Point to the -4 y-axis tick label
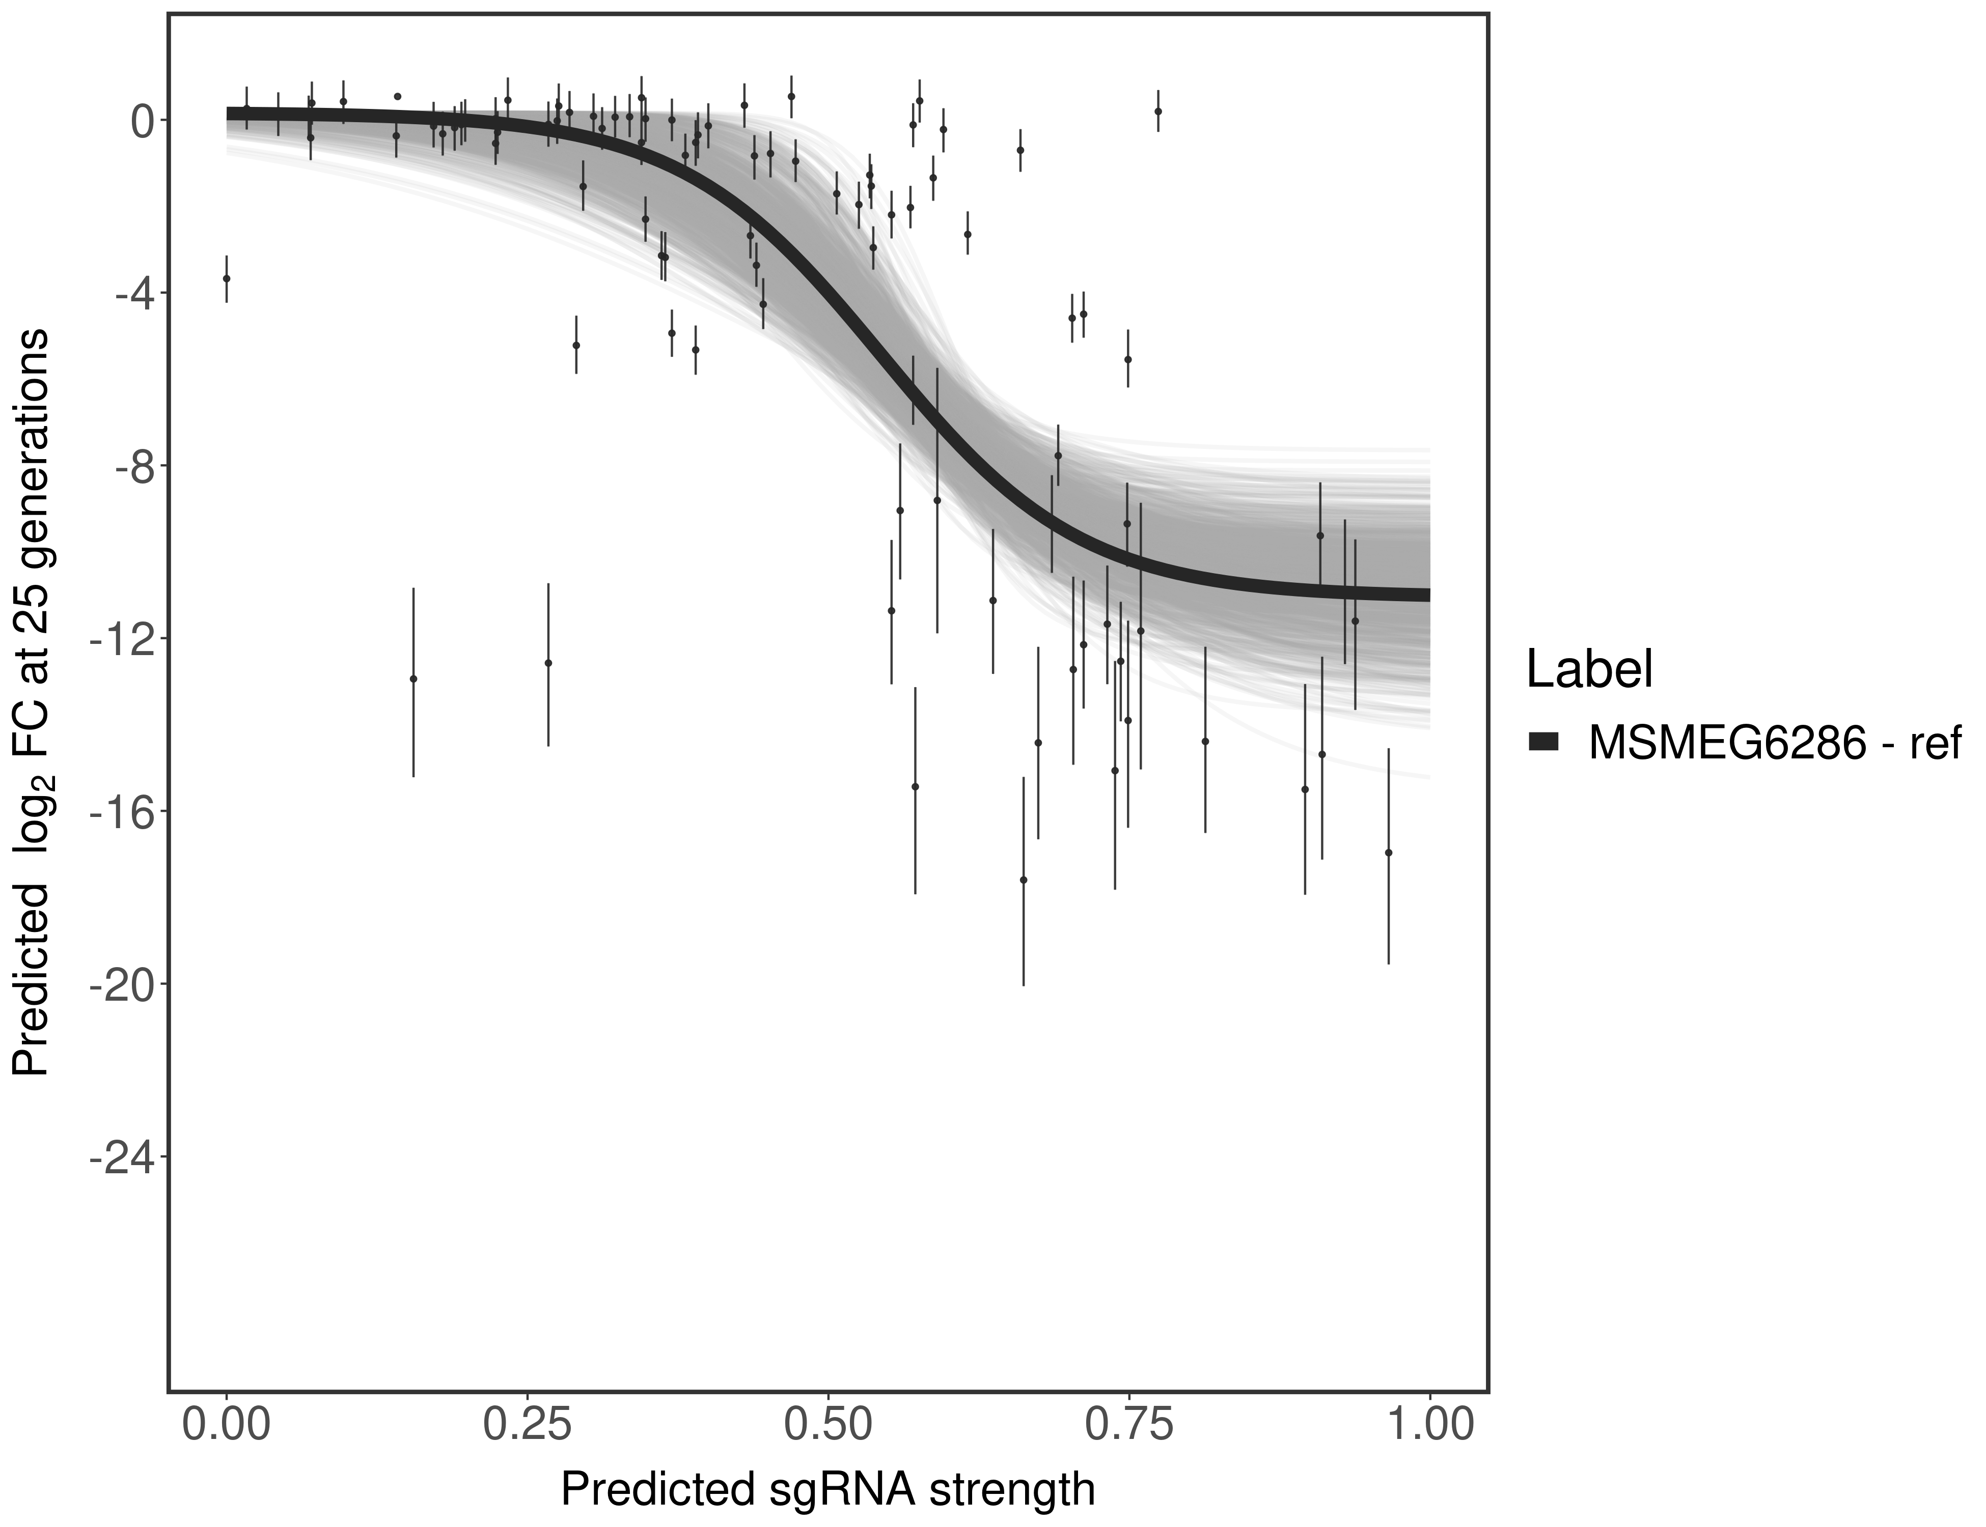129,294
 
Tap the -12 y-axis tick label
118,639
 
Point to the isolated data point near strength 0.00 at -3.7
227,278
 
